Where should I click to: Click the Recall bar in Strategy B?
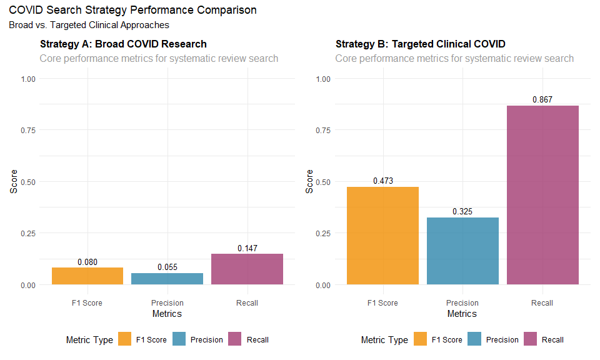tap(542, 195)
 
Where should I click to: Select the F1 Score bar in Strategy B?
tap(382, 236)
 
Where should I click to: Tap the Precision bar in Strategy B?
tap(462, 251)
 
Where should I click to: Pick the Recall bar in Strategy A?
tap(247, 269)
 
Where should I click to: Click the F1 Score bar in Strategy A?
tap(87, 276)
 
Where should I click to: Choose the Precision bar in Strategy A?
tap(167, 279)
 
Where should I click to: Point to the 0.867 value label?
tap(542, 100)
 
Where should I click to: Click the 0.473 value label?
tap(382, 181)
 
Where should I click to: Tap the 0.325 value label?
tap(462, 212)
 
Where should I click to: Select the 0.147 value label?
tap(247, 249)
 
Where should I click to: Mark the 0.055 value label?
tap(167, 267)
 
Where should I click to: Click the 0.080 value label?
tap(87, 262)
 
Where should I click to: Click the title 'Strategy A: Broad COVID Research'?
tap(123, 44)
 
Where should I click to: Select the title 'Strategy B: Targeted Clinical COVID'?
tap(420, 44)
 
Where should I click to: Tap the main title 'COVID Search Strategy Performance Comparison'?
tap(132, 11)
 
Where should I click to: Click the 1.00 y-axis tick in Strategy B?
tap(323, 79)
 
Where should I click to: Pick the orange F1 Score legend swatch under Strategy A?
tap(124, 339)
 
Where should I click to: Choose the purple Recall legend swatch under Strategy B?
tap(531, 339)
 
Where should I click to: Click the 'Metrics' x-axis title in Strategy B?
tap(462, 314)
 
